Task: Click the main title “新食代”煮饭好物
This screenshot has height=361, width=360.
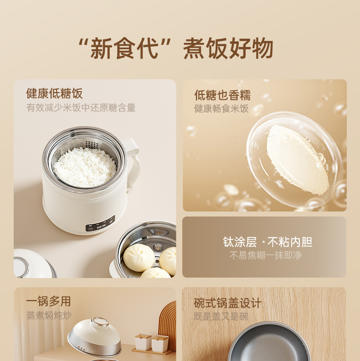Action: point(176,48)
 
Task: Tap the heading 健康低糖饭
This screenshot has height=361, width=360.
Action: point(54,93)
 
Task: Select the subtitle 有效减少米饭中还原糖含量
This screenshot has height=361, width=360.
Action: point(81,108)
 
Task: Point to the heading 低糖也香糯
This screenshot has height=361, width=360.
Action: point(222,95)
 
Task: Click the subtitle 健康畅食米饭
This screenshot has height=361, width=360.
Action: point(221,108)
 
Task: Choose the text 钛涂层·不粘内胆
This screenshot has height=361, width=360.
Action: point(267,242)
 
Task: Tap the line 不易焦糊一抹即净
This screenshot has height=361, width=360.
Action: point(265,255)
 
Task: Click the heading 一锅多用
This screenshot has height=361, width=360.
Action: point(48,301)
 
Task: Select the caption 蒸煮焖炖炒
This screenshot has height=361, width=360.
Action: point(49,315)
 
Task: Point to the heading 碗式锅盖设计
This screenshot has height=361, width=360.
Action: point(228,303)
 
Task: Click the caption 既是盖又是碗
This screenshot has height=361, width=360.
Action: point(221,316)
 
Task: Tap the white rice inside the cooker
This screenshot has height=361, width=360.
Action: point(85,167)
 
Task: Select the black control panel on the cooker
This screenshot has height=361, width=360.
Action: point(100,223)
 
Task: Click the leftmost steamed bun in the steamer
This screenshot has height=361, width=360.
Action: point(139,258)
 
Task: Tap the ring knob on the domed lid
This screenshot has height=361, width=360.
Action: point(100,321)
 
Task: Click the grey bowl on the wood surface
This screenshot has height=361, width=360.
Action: point(269,342)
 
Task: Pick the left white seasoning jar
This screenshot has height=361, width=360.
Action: point(143,342)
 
